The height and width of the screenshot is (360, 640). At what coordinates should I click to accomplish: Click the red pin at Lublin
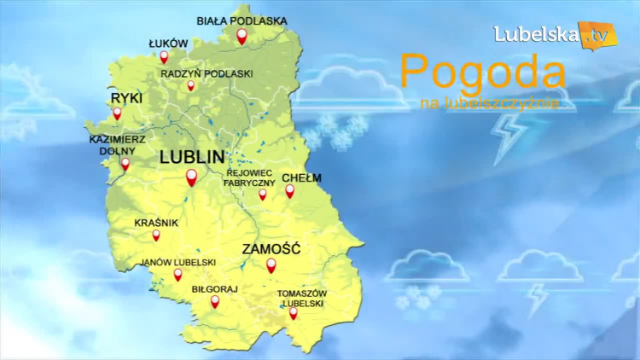pyautogui.click(x=191, y=177)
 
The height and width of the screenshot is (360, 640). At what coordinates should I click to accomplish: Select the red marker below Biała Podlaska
pyautogui.click(x=241, y=36)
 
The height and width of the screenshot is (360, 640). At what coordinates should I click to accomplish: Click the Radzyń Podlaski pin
pyautogui.click(x=191, y=85)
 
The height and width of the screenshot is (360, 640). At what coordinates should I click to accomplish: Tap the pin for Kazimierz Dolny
pyautogui.click(x=125, y=163)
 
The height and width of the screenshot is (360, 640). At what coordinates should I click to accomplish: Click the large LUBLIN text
pyautogui.click(x=192, y=157)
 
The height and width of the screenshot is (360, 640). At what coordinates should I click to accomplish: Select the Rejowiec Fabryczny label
pyautogui.click(x=249, y=177)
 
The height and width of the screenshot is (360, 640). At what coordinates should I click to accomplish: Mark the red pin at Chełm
pyautogui.click(x=289, y=190)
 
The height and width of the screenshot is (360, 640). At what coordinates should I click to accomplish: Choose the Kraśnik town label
pyautogui.click(x=156, y=223)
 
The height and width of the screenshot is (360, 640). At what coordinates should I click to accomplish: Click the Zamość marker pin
pyautogui.click(x=271, y=264)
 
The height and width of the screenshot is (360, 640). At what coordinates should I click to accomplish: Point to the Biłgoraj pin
pyautogui.click(x=215, y=301)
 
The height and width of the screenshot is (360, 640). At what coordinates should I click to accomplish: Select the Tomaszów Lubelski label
pyautogui.click(x=302, y=298)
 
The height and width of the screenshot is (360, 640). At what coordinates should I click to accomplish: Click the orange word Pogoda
pyautogui.click(x=482, y=73)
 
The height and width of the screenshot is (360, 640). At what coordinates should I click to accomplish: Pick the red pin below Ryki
pyautogui.click(x=117, y=113)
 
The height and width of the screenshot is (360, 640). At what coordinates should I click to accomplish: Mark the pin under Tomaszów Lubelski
pyautogui.click(x=294, y=312)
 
